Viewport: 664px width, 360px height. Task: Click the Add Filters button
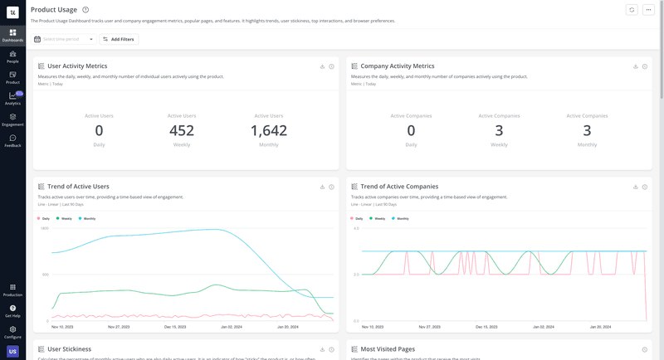[119, 39]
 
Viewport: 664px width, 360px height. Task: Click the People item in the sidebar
[12, 56]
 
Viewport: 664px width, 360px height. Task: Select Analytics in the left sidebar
[12, 99]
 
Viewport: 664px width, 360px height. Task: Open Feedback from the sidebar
[12, 141]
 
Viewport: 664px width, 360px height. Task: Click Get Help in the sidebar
[12, 311]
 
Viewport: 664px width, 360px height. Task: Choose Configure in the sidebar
[12, 332]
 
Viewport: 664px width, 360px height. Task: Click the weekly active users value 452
[181, 130]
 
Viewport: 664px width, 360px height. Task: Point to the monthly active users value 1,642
[268, 130]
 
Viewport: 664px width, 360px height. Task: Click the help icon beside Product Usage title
[85, 10]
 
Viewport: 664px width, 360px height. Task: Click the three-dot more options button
[648, 10]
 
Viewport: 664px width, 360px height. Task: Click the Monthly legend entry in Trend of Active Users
[87, 218]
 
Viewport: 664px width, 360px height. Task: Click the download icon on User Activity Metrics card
[322, 66]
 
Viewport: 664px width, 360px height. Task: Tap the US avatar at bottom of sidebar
[12, 352]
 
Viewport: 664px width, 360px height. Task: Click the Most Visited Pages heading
[388, 349]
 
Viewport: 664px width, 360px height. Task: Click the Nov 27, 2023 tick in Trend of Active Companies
[431, 327]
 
